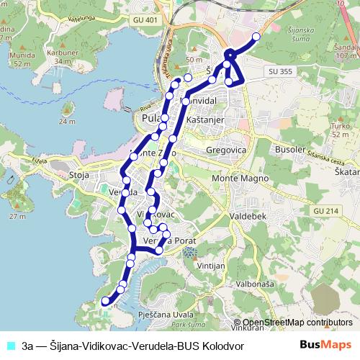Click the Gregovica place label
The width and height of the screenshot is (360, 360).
coord(226,149)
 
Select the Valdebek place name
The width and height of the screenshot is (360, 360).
coord(247,215)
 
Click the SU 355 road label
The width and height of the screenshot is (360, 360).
coord(279,72)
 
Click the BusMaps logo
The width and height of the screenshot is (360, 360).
coord(325,345)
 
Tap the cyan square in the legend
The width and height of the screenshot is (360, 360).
coord(11,346)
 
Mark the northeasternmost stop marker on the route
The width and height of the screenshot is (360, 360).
coord(256,36)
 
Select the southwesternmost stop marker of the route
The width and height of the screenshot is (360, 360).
coord(104,300)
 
